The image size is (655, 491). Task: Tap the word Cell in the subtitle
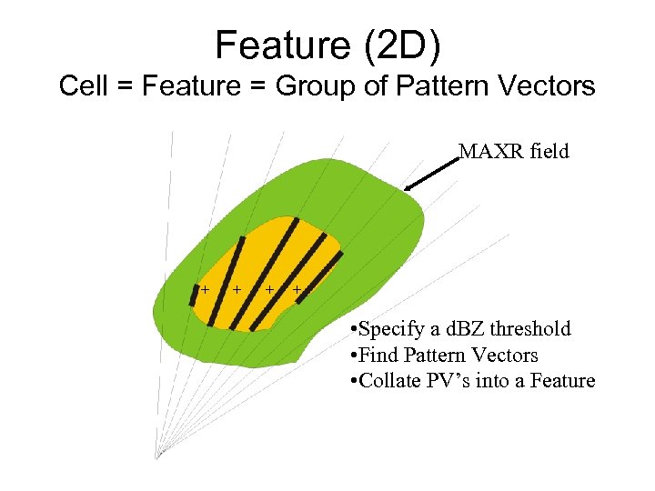pos(79,86)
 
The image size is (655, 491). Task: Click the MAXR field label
pos(513,152)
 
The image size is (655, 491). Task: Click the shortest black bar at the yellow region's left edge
pos(194,295)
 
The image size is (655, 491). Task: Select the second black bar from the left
pos(227,281)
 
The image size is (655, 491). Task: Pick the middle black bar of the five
pos(264,274)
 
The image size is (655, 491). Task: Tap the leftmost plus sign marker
pos(205,289)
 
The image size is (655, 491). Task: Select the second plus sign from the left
pos(237,289)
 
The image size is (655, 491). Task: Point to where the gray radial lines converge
pos(157,457)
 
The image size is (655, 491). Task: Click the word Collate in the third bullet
pos(390,381)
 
